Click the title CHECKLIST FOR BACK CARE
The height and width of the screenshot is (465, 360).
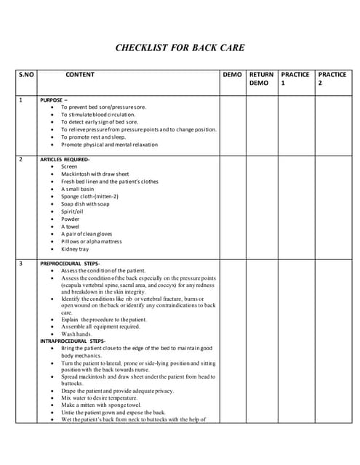[x=180, y=49]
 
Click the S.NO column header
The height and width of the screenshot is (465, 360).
[x=26, y=75]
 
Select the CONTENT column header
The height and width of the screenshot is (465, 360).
[x=80, y=75]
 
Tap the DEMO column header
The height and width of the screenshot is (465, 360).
[x=232, y=75]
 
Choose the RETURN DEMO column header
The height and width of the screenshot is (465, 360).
[x=261, y=78]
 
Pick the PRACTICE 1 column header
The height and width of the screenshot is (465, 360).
[x=295, y=78]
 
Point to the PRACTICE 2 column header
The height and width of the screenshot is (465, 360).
[x=332, y=78]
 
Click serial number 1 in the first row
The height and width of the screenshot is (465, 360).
[x=21, y=99]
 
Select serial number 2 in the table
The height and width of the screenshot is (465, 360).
[x=21, y=158]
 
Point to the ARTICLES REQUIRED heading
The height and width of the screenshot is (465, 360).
[x=65, y=158]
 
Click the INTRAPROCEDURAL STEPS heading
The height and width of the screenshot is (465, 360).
[x=73, y=341]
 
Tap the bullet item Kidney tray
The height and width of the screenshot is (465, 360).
[x=76, y=249]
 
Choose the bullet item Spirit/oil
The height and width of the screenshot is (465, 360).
[x=73, y=211]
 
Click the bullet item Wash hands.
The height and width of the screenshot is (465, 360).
[x=78, y=334]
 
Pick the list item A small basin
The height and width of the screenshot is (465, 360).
[x=78, y=189]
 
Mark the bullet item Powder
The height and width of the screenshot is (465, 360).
[x=71, y=219]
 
